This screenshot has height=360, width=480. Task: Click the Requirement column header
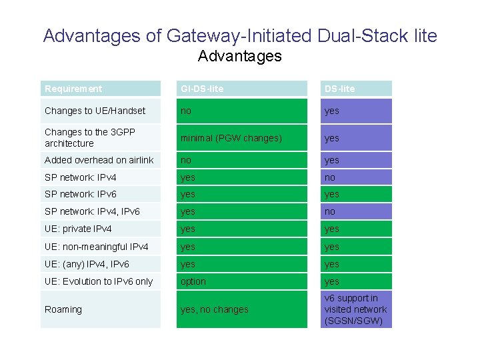click(x=73, y=89)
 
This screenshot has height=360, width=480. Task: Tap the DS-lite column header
click(x=340, y=89)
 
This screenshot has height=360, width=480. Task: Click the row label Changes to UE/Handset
click(x=95, y=111)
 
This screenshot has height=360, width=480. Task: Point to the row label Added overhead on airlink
click(x=99, y=160)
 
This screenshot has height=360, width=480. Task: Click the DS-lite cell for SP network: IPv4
click(x=330, y=177)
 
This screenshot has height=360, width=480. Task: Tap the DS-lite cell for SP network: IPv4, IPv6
click(x=330, y=211)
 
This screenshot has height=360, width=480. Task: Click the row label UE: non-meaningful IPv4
click(x=96, y=247)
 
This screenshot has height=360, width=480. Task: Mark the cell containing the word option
click(x=193, y=281)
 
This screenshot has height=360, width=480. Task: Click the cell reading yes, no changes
click(x=215, y=309)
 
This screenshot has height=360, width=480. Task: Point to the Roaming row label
click(x=63, y=309)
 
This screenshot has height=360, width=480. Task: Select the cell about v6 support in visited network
click(x=355, y=309)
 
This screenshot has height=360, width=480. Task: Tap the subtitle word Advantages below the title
click(x=240, y=56)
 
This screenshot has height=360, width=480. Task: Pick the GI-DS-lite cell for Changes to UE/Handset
click(x=185, y=111)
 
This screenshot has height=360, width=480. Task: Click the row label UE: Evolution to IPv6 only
click(x=99, y=281)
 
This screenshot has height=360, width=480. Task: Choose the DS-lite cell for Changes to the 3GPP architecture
click(x=332, y=138)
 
